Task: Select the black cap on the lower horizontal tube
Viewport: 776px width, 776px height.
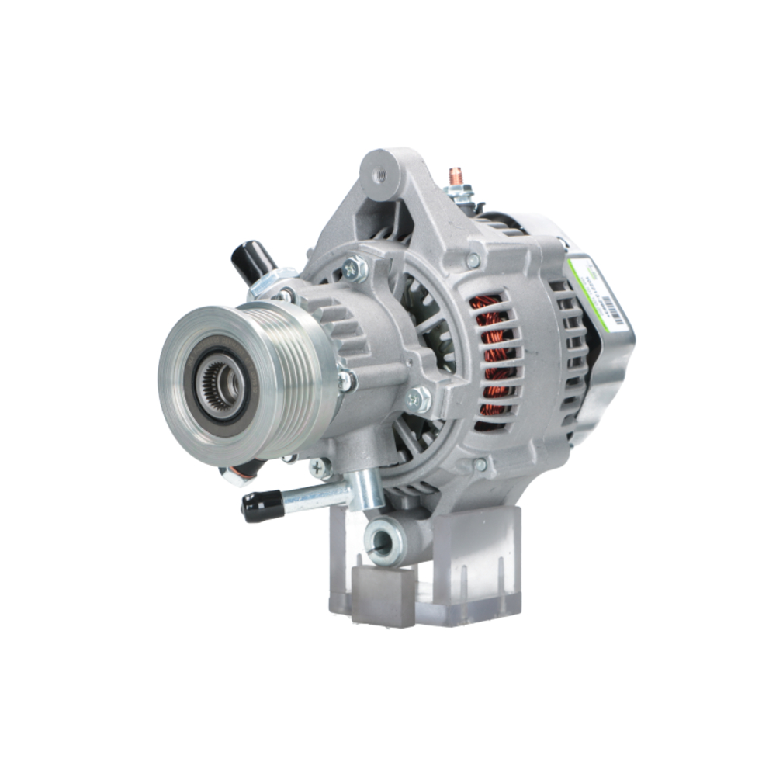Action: [261, 506]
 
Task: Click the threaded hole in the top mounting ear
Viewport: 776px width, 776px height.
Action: [379, 176]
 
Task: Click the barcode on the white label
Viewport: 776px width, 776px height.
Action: [613, 310]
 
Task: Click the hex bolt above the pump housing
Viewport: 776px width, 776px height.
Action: [355, 268]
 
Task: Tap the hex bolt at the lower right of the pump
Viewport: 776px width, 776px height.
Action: [419, 399]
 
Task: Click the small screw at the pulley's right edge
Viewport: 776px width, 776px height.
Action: [345, 381]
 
